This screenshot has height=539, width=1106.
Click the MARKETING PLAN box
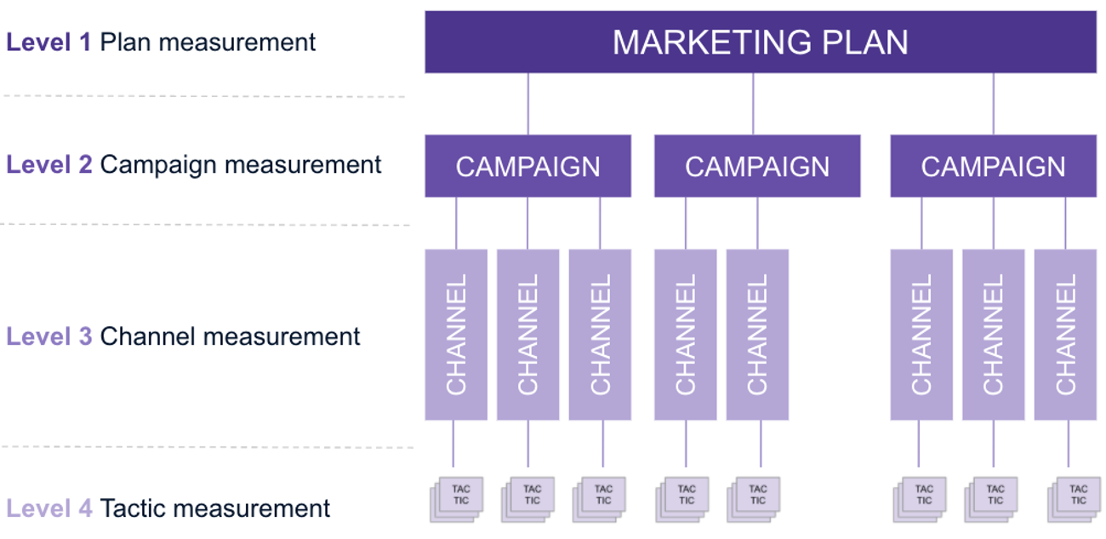click(x=760, y=42)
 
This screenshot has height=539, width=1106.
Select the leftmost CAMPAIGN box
click(x=527, y=166)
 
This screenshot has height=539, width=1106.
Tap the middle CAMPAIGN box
click(x=756, y=166)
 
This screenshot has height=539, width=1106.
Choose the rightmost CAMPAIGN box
click(x=993, y=166)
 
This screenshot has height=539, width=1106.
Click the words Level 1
click(x=48, y=43)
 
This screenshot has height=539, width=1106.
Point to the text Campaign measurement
click(x=241, y=164)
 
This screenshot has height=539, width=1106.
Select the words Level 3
click(x=48, y=336)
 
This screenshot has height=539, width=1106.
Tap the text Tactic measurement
click(x=214, y=509)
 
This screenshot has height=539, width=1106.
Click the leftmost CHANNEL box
click(x=456, y=334)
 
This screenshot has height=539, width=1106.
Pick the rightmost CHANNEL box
click(x=1065, y=334)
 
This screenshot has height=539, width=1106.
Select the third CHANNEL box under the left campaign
click(x=600, y=334)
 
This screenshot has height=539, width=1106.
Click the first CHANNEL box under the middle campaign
click(x=685, y=334)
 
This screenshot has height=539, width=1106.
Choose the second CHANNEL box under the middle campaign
click(x=757, y=334)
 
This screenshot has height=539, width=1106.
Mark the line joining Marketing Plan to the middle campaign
click(x=753, y=104)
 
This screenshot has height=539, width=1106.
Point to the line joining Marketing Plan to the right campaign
click(x=993, y=104)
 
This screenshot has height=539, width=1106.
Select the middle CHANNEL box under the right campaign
click(x=993, y=334)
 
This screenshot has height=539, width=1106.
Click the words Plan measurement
click(x=208, y=43)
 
